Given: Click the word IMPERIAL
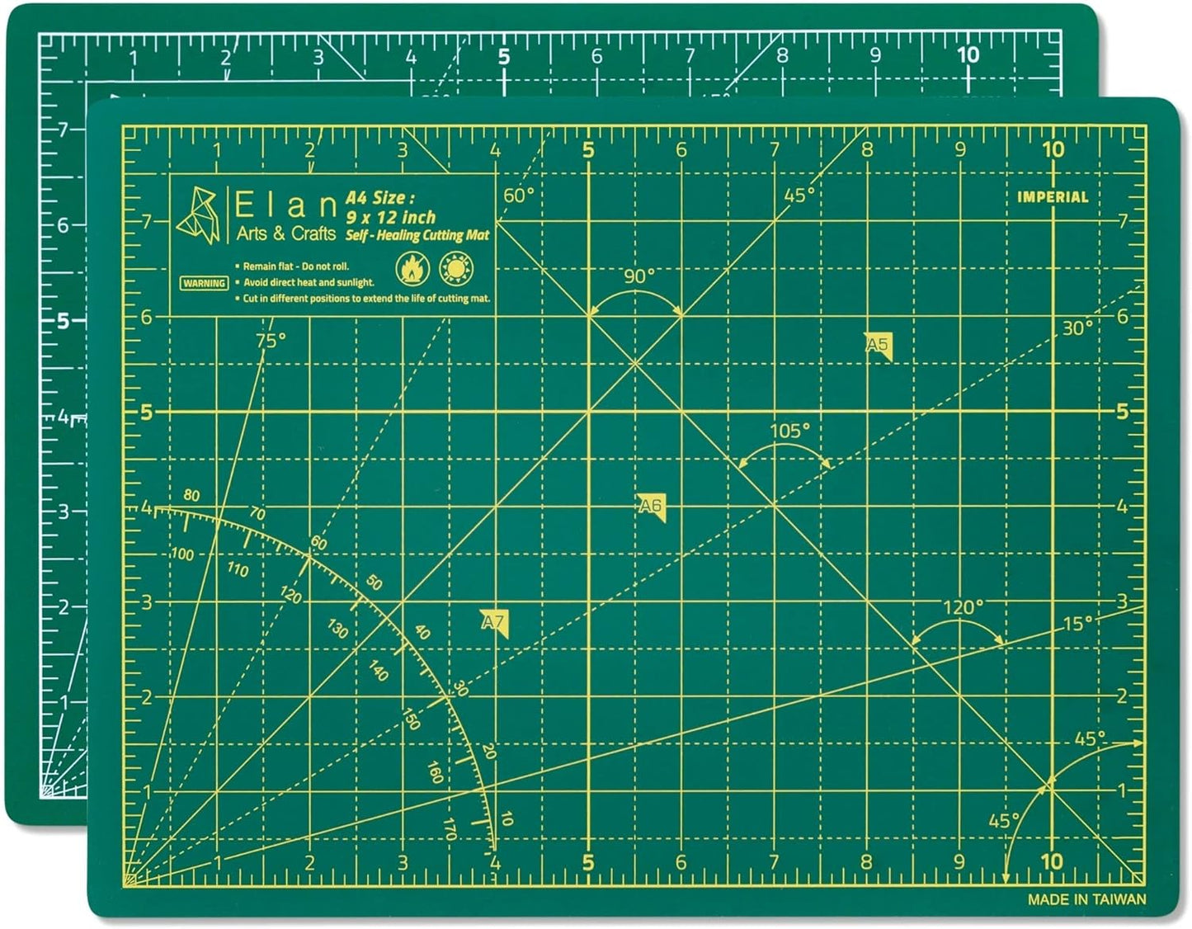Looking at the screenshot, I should (1052, 197).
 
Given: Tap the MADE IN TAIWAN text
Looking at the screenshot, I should (1086, 899).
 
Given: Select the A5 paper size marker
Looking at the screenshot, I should (879, 345).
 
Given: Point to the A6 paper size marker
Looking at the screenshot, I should (651, 506).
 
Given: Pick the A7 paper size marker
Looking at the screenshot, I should (493, 621).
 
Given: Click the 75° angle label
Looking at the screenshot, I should (271, 340).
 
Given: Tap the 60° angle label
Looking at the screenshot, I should (519, 195).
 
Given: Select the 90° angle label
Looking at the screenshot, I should (638, 276).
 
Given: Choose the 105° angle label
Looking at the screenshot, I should (789, 430).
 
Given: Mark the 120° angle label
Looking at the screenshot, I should (963, 607).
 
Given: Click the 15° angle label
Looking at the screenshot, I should (1077, 624).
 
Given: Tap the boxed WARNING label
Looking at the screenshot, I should (204, 283).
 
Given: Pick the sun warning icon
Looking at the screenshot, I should (459, 267).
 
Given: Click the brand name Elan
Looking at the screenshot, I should (285, 204).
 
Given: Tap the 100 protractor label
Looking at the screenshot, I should (182, 554).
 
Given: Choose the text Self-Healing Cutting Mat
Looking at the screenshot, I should (417, 236).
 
